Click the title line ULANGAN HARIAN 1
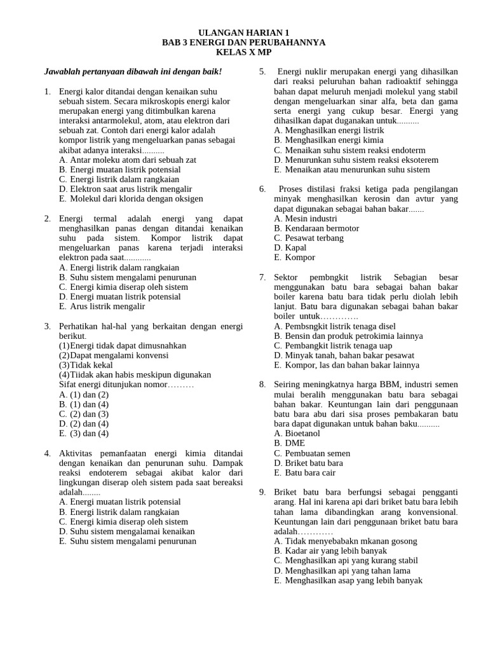click(243, 32)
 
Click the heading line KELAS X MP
click(243, 52)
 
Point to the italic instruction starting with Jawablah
click(133, 72)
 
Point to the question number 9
click(262, 492)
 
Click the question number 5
click(262, 72)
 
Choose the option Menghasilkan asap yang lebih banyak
click(348, 580)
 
